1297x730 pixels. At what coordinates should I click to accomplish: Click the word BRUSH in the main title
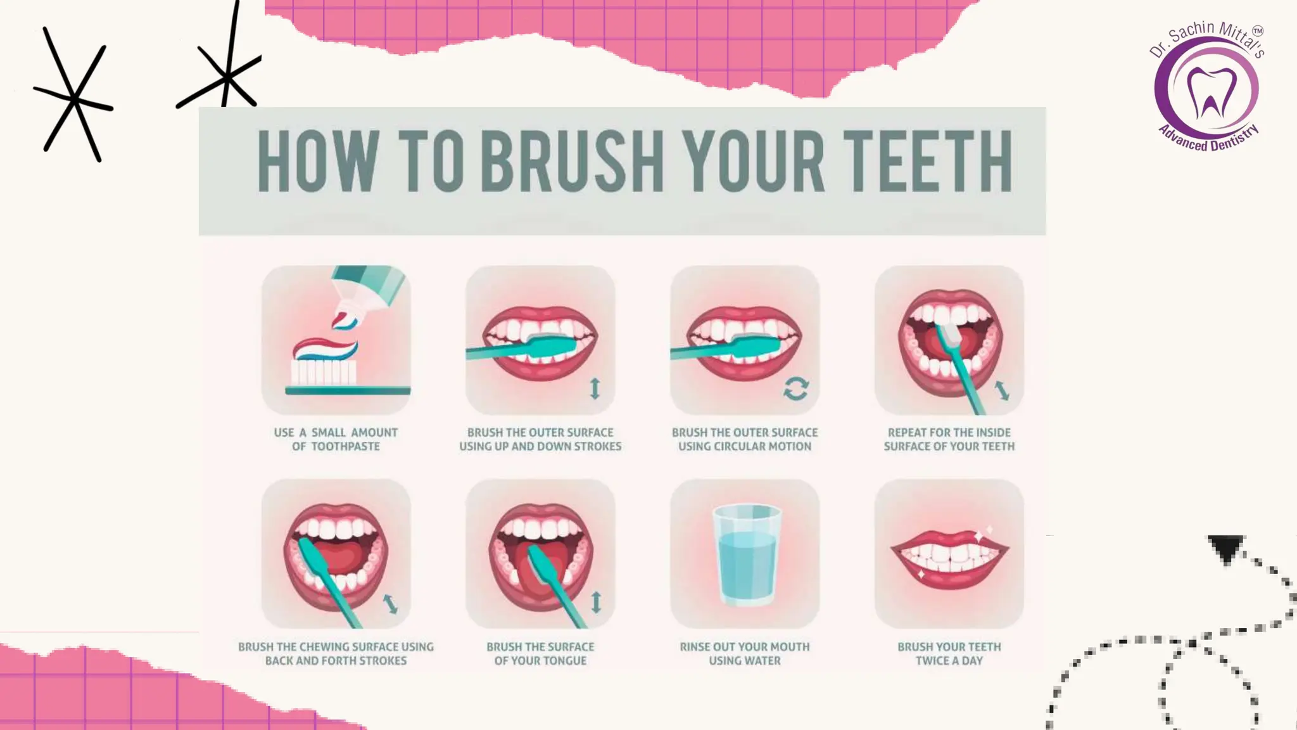571,161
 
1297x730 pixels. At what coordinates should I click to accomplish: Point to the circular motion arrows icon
795,388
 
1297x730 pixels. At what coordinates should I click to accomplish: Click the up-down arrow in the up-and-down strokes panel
595,388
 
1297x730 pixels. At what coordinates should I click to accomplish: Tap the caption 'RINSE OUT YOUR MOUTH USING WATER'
745,653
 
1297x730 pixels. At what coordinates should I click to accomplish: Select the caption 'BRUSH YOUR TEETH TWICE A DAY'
949,653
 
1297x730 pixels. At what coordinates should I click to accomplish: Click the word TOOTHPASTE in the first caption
345,447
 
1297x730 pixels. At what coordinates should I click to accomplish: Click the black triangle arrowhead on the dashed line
1226,548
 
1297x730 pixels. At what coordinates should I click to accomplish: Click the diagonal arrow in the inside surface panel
1002,390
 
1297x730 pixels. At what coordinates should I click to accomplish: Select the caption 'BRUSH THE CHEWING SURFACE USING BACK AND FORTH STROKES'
336,653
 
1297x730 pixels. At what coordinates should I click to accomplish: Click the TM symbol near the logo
1257,30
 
